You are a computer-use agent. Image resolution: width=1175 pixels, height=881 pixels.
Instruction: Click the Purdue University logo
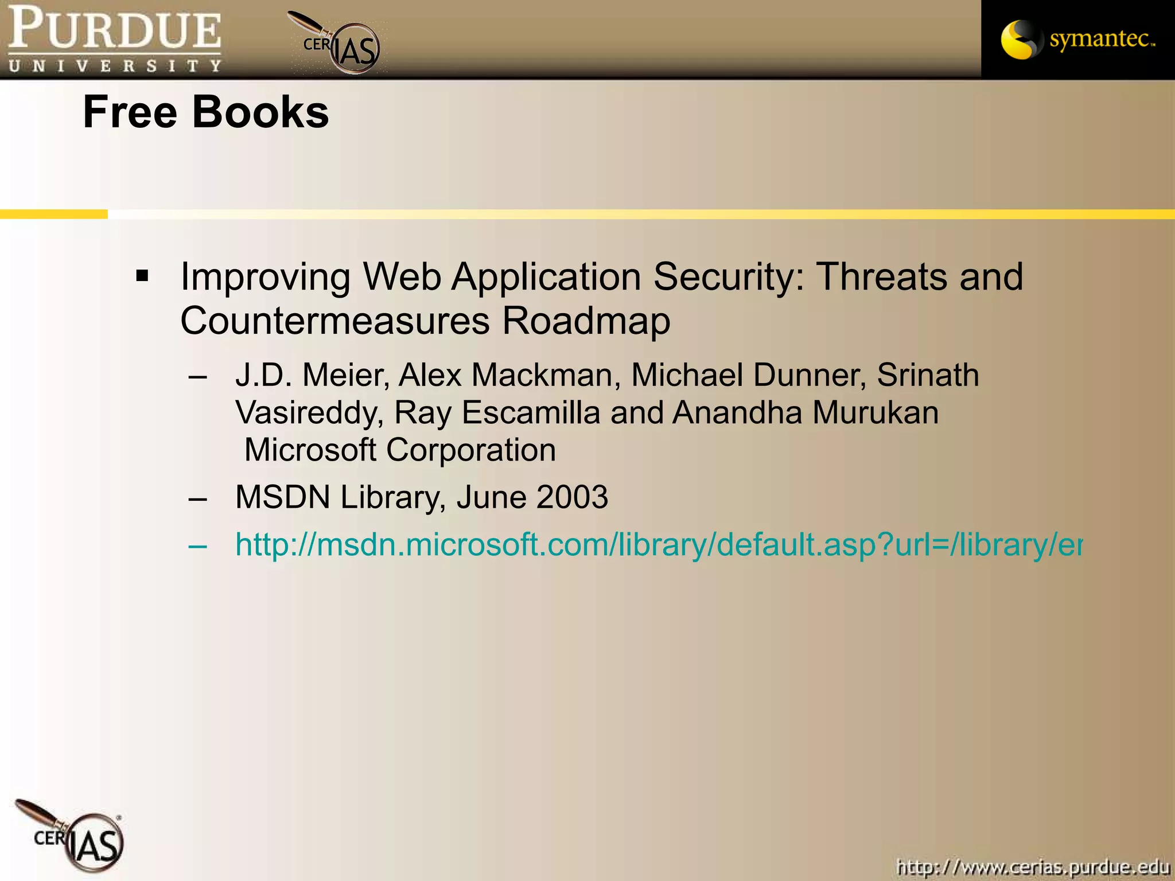click(x=115, y=39)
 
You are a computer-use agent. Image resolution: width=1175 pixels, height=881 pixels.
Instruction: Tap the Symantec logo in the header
click(x=1077, y=39)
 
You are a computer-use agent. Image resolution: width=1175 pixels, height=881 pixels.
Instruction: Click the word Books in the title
click(x=260, y=112)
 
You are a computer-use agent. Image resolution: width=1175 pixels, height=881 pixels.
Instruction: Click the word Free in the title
click(x=130, y=112)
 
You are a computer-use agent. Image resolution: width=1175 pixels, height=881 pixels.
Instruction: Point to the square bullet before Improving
click(x=142, y=276)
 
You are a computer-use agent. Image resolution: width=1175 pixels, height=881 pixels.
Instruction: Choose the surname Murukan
click(x=876, y=412)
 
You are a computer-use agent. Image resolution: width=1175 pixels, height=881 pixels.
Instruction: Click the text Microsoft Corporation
click(x=400, y=450)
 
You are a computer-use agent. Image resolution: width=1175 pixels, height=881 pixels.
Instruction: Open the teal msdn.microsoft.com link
click(x=658, y=544)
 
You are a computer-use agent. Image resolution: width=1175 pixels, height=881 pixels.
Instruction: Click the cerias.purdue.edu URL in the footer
click(x=1033, y=867)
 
